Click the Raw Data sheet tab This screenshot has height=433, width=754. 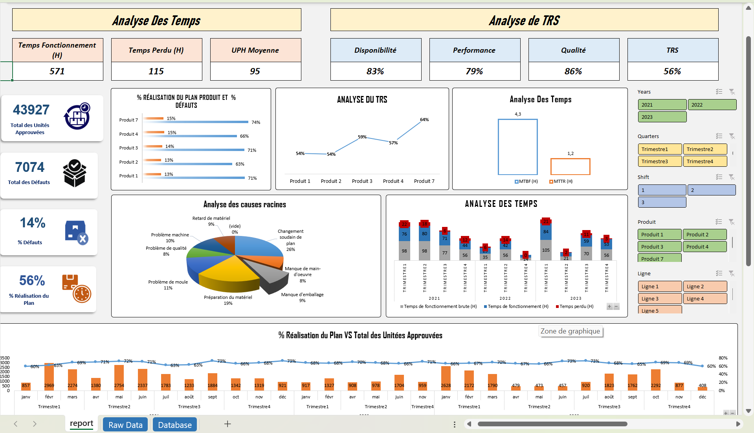125,425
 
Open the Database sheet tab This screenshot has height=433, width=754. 174,425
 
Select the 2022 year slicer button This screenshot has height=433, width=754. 712,105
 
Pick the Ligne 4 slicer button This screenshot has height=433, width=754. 704,298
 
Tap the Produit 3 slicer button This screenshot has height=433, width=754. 659,247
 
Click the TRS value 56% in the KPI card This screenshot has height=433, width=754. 672,71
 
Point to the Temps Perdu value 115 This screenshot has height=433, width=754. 156,71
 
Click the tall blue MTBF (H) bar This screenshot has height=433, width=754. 517,147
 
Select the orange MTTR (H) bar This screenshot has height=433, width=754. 570,166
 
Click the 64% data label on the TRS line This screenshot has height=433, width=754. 424,120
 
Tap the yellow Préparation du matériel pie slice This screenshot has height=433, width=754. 226,275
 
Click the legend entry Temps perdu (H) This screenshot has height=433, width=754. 576,306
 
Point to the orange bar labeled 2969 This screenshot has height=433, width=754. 49,376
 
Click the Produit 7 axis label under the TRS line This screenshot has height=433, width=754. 424,181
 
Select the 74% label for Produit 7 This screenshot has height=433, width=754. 256,122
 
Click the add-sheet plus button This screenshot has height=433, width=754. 227,424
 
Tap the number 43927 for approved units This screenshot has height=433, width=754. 31,110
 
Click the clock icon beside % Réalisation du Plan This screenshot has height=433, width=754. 82,293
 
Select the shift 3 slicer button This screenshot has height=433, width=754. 662,202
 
